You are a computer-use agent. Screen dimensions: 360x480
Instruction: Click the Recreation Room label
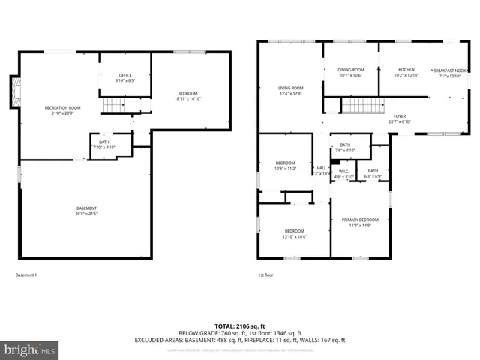pyautogui.click(x=62, y=110)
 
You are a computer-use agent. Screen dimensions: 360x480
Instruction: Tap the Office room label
pyautogui.click(x=125, y=78)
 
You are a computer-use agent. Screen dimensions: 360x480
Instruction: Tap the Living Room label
pyautogui.click(x=291, y=91)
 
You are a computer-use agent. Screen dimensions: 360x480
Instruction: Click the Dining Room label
pyautogui.click(x=351, y=72)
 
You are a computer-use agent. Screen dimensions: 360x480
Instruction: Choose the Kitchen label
pyautogui.click(x=406, y=72)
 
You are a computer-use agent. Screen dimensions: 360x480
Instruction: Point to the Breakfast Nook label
pyautogui.click(x=449, y=73)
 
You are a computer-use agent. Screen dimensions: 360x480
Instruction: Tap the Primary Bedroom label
pyautogui.click(x=360, y=222)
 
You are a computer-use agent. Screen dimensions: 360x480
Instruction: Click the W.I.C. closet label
pyautogui.click(x=343, y=173)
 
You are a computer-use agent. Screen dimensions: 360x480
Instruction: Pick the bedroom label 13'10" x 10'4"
pyautogui.click(x=294, y=233)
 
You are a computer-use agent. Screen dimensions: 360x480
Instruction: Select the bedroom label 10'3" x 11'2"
pyautogui.click(x=285, y=166)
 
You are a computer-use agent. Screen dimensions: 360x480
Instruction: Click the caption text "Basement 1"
pyautogui.click(x=26, y=275)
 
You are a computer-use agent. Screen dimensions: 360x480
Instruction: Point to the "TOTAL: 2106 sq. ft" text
pyautogui.click(x=240, y=325)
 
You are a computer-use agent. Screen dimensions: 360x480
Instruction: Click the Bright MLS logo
pyautogui.click(x=30, y=349)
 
